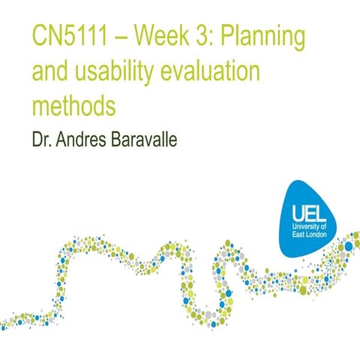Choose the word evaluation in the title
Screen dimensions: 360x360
[x=211, y=73]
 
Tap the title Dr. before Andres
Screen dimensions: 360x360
[x=43, y=140]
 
